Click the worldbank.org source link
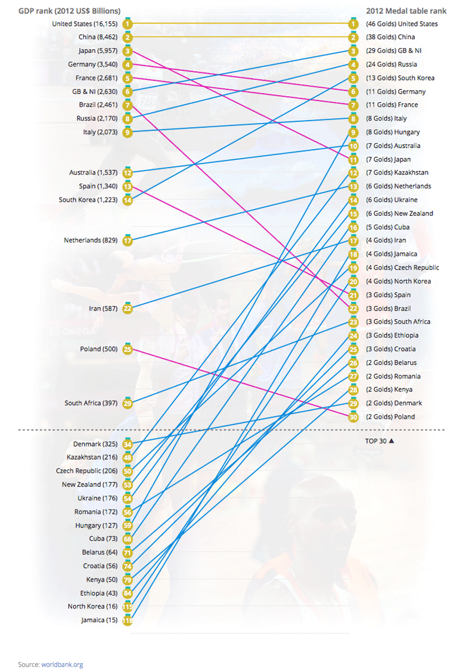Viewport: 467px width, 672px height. tap(62, 665)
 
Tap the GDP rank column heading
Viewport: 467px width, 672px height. tap(69, 11)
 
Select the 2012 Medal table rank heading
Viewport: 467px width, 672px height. tap(406, 11)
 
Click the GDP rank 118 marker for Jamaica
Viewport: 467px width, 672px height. tap(127, 620)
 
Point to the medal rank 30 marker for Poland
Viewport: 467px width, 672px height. tap(354, 417)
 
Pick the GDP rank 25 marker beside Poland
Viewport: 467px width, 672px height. tap(127, 349)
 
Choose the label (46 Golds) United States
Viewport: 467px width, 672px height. tap(402, 24)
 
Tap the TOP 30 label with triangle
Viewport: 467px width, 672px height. tap(380, 440)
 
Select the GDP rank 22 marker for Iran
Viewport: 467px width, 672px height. tap(127, 308)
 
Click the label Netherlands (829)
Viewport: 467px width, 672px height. tap(91, 241)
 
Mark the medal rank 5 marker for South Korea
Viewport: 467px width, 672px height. tap(354, 78)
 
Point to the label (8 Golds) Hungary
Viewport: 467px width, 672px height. tap(393, 132)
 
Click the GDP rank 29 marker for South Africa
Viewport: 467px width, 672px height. tap(127, 403)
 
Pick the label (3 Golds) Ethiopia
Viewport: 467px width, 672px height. tap(392, 335)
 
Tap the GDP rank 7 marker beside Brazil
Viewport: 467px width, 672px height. tap(127, 105)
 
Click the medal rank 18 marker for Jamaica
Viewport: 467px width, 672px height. tap(354, 255)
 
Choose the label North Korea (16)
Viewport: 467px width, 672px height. tap(93, 607)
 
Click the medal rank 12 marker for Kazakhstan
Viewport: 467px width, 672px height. tap(354, 173)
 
